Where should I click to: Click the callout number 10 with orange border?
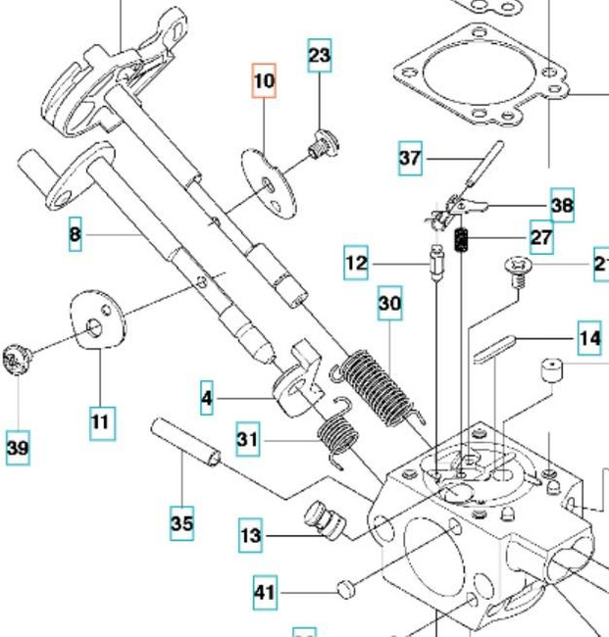[264, 80]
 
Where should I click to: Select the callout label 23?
[320, 55]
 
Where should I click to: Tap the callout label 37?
[411, 158]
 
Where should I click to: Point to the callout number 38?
[561, 205]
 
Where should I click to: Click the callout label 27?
[540, 237]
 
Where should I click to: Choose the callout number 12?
[357, 263]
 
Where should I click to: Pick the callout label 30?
[389, 306]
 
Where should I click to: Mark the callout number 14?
[589, 339]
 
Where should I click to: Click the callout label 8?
[76, 235]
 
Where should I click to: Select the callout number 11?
[100, 422]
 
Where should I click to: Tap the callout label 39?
[17, 449]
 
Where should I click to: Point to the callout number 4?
[206, 398]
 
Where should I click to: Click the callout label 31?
[248, 440]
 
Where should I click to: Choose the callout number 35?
[181, 523]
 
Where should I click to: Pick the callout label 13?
[251, 536]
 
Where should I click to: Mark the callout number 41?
[265, 592]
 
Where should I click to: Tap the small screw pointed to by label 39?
[16, 360]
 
